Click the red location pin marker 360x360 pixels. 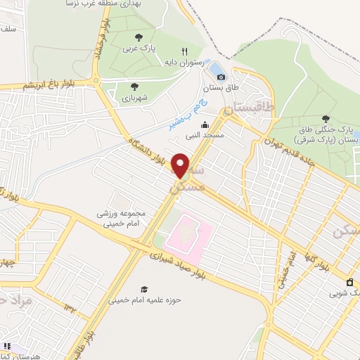pyautogui.click(x=181, y=165)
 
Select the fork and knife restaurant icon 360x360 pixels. pyautogui.click(x=184, y=51)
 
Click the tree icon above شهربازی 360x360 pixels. pyautogui.click(x=134, y=87)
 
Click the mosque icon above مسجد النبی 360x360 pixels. pyautogui.click(x=205, y=124)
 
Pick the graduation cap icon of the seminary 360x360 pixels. pyautogui.click(x=144, y=289)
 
